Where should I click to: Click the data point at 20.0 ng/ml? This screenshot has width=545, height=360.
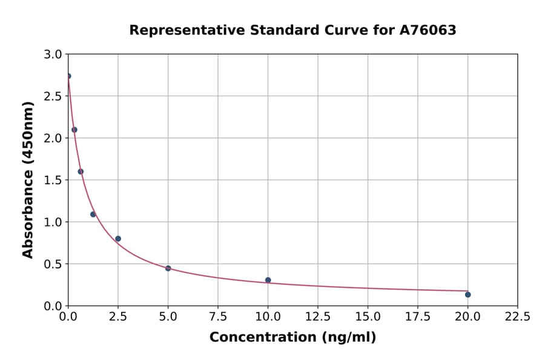(x=467, y=295)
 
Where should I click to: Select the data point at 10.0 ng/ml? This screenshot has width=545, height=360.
(x=268, y=280)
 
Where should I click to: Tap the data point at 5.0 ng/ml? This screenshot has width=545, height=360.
(x=168, y=268)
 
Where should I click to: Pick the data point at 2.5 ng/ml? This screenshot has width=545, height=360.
(x=118, y=239)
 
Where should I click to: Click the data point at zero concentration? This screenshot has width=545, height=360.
(x=68, y=76)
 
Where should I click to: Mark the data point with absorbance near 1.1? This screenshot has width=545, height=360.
(x=93, y=214)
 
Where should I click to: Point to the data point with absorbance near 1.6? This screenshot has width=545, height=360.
(x=81, y=172)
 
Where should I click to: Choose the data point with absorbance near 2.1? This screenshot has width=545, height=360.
(x=74, y=130)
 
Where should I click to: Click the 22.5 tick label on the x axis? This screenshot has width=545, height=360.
(x=517, y=317)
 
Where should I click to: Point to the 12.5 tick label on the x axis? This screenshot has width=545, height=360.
(x=317, y=317)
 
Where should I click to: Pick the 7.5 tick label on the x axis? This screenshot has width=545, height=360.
(x=217, y=317)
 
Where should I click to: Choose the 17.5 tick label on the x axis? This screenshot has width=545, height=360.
(x=417, y=317)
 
